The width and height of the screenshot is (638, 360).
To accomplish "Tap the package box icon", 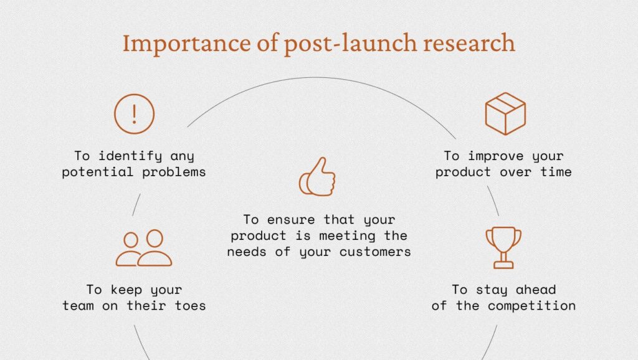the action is [505, 113].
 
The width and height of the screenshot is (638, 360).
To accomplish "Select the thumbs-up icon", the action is [317, 177].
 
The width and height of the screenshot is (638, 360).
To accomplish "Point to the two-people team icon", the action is [144, 248].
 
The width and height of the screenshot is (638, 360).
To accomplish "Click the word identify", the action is [130, 156].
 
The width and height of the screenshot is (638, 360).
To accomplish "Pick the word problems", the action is [174, 172].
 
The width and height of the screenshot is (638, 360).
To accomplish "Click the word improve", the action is [495, 156].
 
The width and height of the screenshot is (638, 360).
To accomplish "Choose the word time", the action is [556, 172].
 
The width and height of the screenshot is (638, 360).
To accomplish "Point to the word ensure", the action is [291, 220].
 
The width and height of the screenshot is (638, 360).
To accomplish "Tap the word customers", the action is [375, 252].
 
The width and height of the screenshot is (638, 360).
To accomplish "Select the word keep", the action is [126, 290].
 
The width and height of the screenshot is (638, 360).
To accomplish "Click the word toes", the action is [190, 306].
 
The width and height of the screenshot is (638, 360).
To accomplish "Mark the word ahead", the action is [535, 290].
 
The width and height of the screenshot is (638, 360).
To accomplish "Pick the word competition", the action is [532, 306].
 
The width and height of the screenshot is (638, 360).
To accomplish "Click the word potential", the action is [97, 172].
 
